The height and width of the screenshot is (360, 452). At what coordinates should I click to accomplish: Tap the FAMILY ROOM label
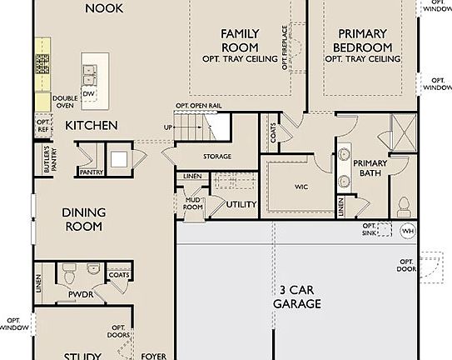240,40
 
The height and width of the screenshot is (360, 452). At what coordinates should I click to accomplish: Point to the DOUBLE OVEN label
65,102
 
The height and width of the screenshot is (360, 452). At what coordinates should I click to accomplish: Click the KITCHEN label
92,125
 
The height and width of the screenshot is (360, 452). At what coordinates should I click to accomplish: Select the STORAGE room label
217,157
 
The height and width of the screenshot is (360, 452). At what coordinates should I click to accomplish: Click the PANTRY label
91,172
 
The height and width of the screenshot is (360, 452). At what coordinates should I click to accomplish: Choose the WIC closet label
301,187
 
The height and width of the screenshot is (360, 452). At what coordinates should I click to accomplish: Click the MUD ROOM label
194,203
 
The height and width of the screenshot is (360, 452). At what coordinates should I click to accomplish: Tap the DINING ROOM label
82,219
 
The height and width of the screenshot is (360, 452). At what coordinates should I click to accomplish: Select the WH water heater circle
407,231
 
